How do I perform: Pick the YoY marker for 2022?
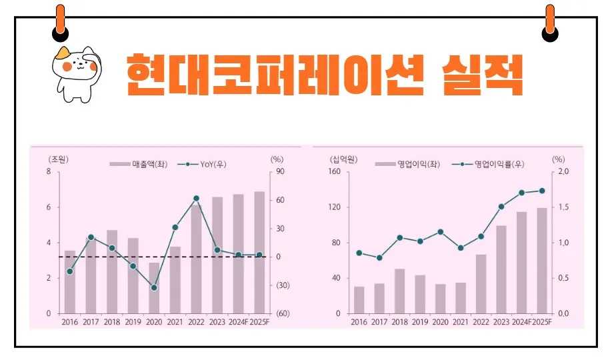pos(196,198)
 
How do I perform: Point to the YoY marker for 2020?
pos(154,288)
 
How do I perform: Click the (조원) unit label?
pos(59,159)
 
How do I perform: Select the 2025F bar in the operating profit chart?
pos(542,261)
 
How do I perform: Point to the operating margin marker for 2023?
pos(501,207)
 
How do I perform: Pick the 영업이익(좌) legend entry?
pos(407,164)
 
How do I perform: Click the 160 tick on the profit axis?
pos(334,172)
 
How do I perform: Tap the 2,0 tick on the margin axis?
pos(563,172)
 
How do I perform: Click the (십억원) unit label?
pos(343,159)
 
